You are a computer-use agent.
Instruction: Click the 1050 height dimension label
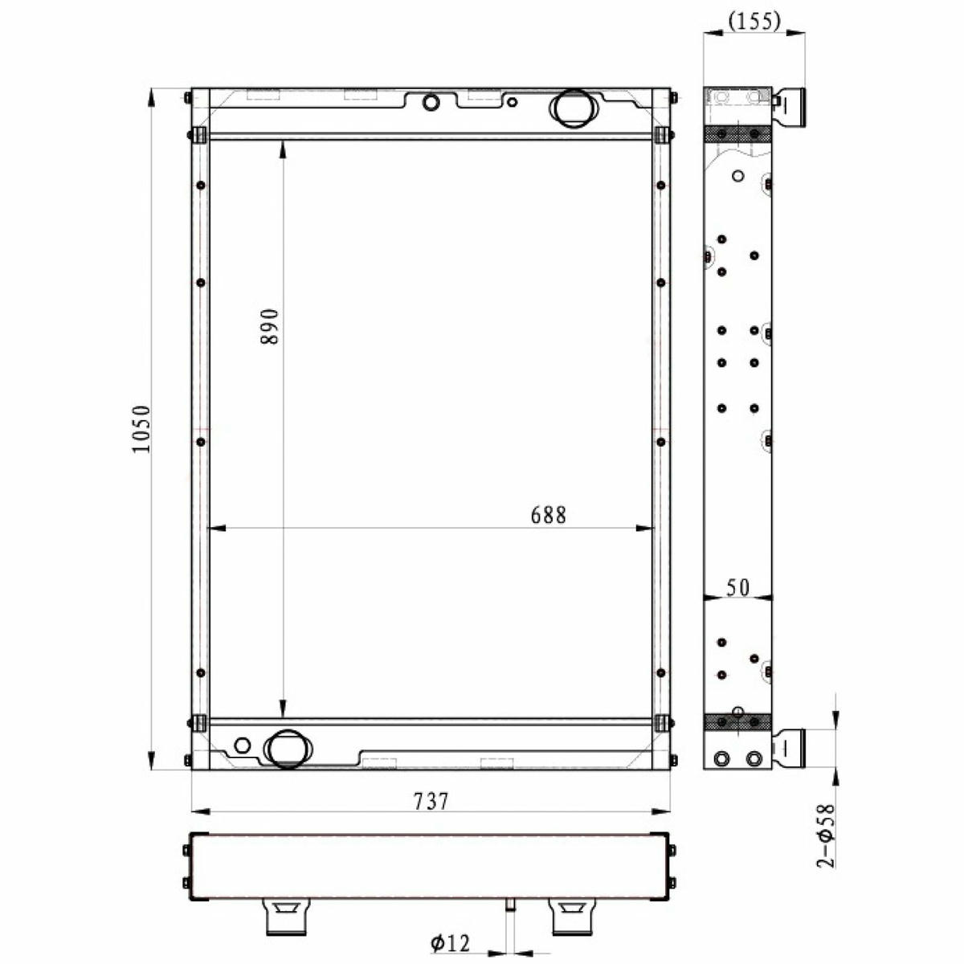pyautogui.click(x=141, y=429)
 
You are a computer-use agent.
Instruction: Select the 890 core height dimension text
pyautogui.click(x=269, y=326)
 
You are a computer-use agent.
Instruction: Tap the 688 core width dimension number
pyautogui.click(x=549, y=515)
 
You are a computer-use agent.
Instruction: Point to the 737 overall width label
pyautogui.click(x=431, y=802)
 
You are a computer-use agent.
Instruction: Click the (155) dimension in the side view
pyautogui.click(x=754, y=21)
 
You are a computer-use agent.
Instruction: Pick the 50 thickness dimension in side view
pyautogui.click(x=738, y=588)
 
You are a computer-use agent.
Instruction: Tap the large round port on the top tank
pyautogui.click(x=574, y=109)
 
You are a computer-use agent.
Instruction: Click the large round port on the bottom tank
pyautogui.click(x=288, y=749)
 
